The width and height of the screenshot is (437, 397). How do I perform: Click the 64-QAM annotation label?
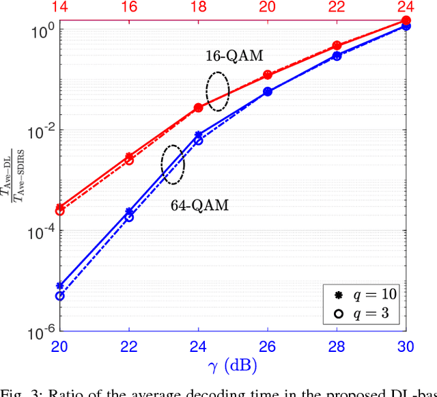pyautogui.click(x=199, y=204)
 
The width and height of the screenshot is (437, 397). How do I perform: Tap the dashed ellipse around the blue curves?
pyautogui.click(x=173, y=164)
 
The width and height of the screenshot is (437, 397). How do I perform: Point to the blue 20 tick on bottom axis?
pyautogui.click(x=60, y=347)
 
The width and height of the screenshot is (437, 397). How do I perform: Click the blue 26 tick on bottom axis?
pyautogui.click(x=267, y=347)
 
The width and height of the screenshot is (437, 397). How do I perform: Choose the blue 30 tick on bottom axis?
pyautogui.click(x=406, y=347)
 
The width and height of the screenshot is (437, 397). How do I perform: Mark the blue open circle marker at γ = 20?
pyautogui.click(x=60, y=296)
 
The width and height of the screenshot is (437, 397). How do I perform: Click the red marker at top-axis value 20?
pyautogui.click(x=268, y=75)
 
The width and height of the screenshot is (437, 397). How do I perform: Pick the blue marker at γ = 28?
pyautogui.click(x=337, y=56)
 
